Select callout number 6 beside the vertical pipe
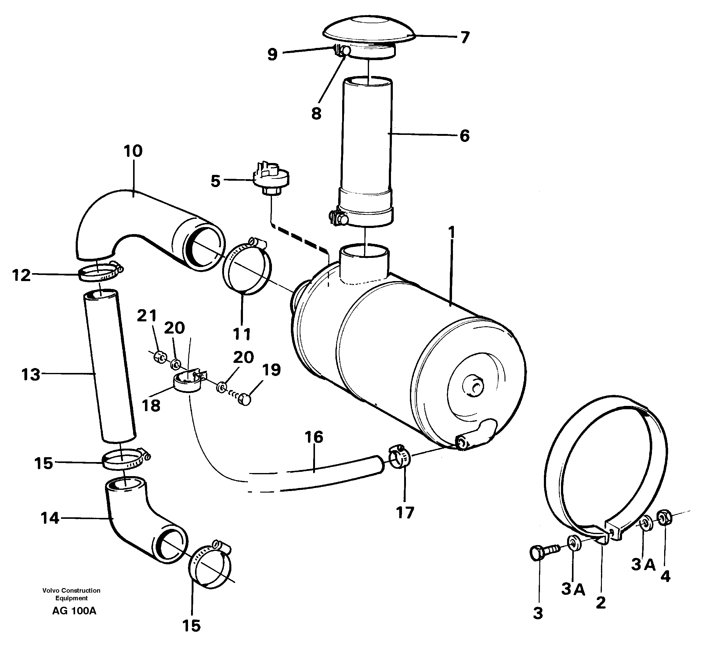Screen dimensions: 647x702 pyautogui.click(x=464, y=136)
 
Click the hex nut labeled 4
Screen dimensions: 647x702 pyautogui.click(x=665, y=519)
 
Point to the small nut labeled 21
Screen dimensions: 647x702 pyautogui.click(x=160, y=357)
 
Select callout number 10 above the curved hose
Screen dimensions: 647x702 pyautogui.click(x=133, y=151)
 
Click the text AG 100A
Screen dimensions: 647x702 pyautogui.click(x=74, y=611)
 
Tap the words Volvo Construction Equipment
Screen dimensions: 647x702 pyautogui.click(x=71, y=594)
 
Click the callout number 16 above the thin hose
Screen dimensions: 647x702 pyautogui.click(x=314, y=437)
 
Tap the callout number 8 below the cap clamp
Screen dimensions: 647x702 pyautogui.click(x=316, y=114)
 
